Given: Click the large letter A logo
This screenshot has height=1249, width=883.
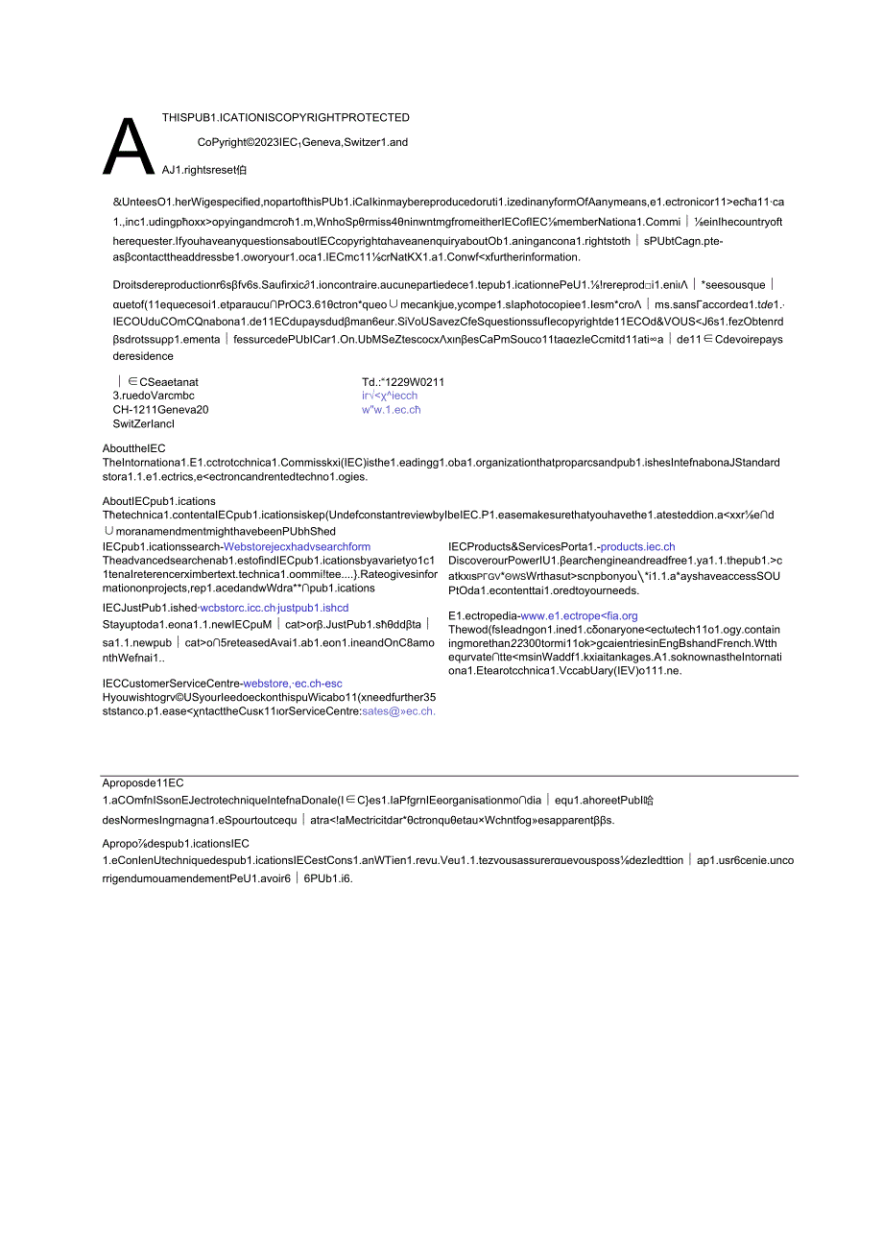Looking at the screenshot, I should tap(129, 147).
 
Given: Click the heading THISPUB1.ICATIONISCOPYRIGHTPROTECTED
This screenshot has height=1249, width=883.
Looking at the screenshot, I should tap(286, 118).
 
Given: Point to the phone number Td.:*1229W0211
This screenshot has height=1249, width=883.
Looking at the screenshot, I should tap(403, 381).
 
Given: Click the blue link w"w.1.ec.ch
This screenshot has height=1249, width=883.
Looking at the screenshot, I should tap(391, 409).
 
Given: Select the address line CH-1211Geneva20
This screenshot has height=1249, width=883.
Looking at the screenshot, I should tap(160, 409).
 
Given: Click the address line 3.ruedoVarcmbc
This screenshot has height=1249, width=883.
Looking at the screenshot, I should tap(154, 395).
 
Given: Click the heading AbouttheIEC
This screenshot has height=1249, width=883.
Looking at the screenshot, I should tap(134, 448).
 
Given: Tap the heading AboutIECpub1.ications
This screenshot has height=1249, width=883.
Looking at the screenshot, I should tap(159, 501).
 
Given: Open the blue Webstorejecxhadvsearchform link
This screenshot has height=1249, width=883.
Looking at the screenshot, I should tap(297, 546).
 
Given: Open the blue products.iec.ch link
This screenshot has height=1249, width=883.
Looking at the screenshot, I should tap(637, 546).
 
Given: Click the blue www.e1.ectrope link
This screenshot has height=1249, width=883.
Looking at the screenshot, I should tap(579, 615).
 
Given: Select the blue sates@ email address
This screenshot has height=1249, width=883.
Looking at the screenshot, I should tap(398, 711).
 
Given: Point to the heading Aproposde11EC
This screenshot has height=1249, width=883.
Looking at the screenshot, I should tap(142, 782).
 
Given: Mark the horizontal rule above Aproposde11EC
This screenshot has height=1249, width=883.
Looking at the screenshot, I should tap(449, 775).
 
